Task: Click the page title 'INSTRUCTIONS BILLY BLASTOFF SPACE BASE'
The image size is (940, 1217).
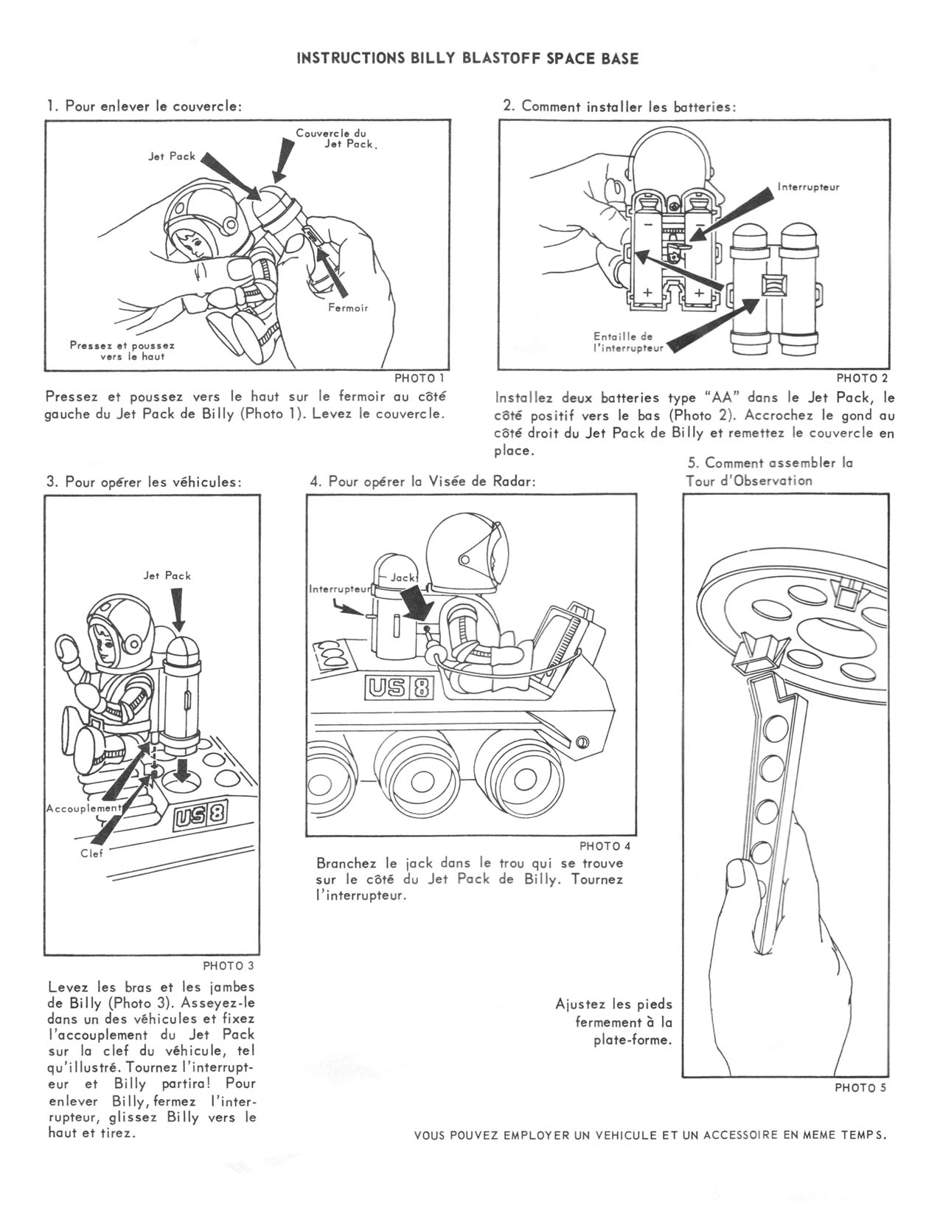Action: [467, 59]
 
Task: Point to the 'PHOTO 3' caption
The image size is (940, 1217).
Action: [229, 965]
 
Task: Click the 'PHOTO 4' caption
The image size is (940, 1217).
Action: [605, 845]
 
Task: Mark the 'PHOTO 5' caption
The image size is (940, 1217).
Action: [860, 1087]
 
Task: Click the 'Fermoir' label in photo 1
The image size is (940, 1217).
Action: [348, 308]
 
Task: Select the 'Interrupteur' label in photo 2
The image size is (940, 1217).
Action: [808, 187]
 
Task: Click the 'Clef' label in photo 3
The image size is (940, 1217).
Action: [92, 853]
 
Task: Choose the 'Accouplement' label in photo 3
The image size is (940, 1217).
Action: [83, 808]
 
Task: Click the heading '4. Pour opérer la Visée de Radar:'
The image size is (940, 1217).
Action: [422, 482]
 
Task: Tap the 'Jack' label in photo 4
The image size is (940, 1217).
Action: [403, 578]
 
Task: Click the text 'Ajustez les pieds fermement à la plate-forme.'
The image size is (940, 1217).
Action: [615, 1022]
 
